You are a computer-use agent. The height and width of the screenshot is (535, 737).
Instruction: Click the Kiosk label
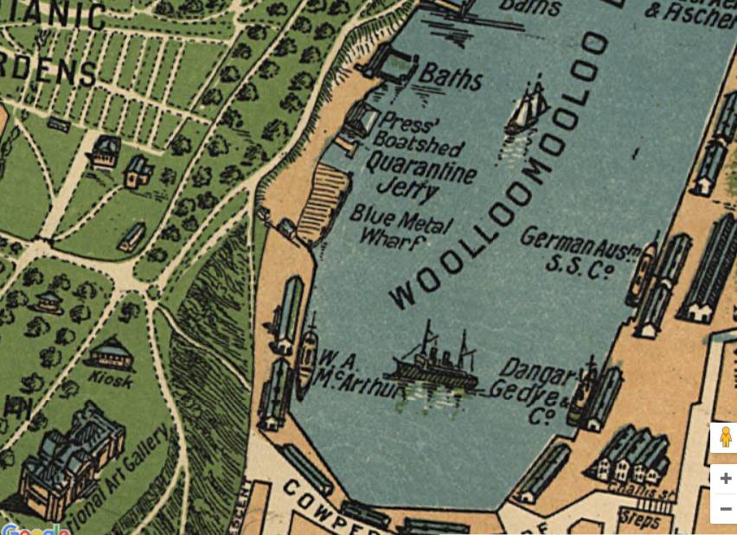point(110,379)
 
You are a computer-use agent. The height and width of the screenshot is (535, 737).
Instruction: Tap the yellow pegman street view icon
point(725,437)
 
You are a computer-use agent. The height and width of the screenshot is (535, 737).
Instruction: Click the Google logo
point(35,529)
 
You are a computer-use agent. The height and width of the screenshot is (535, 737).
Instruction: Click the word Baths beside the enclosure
point(451,78)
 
